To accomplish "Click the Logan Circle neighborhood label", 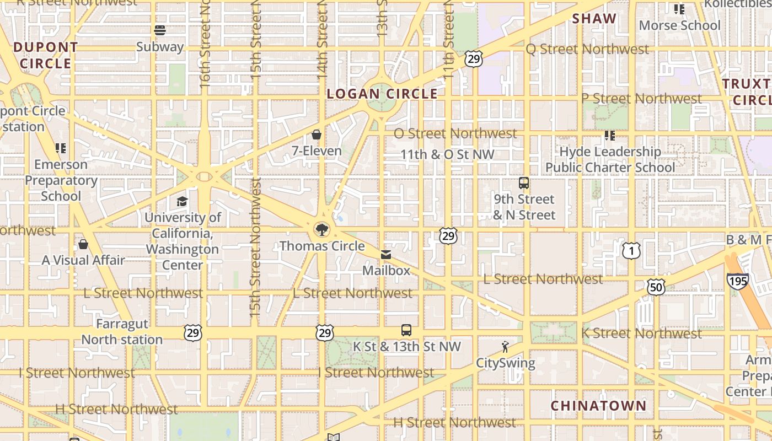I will (382, 94).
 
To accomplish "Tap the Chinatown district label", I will (598, 406).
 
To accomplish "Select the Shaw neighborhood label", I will (594, 19).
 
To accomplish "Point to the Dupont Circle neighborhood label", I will (45, 55).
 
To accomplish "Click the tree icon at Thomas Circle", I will (321, 229).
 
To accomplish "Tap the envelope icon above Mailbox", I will (386, 254).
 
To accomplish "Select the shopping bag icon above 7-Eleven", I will (317, 135).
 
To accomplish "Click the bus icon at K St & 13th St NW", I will (406, 330).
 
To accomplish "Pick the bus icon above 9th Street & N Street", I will (524, 183).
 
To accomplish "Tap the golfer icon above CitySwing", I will (505, 347).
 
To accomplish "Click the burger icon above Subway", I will (160, 30).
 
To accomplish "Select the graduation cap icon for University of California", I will (183, 201).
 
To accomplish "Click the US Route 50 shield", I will (656, 287).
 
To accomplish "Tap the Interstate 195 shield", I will (737, 281).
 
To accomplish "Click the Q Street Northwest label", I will (587, 49).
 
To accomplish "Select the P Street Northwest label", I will (641, 99).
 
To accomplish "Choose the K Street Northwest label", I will (641, 333).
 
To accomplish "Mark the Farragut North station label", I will (122, 332).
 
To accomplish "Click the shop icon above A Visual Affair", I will (83, 244).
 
